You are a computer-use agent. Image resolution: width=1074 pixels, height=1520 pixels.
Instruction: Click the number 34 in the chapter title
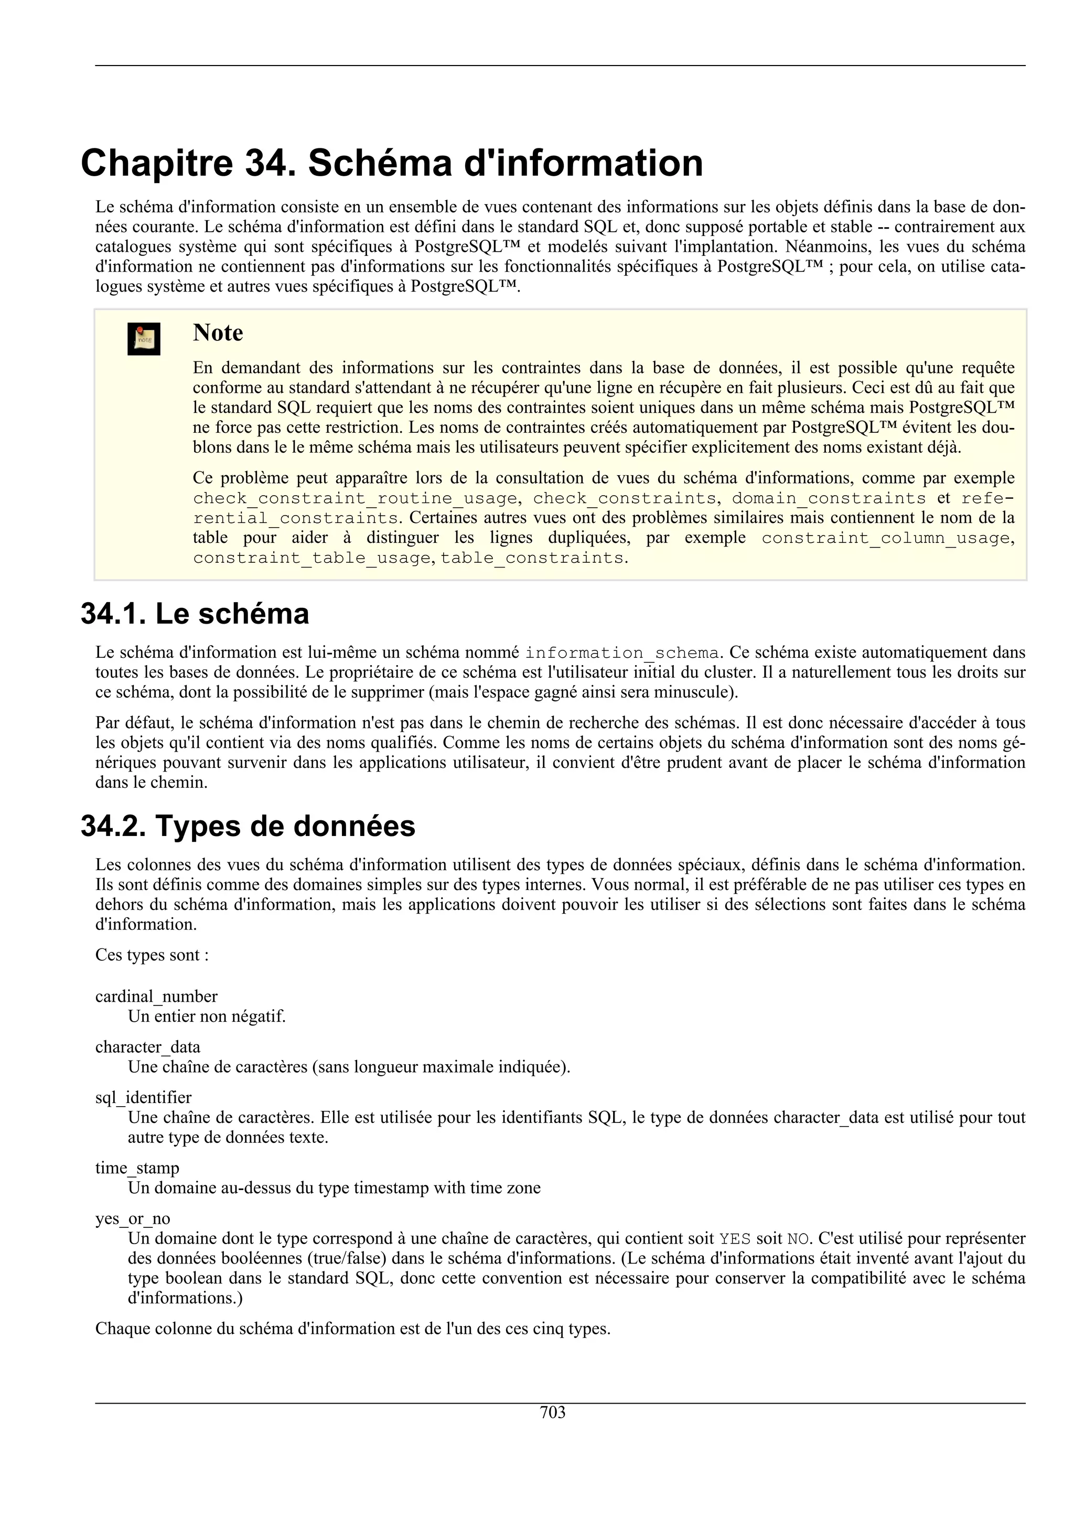tap(268, 164)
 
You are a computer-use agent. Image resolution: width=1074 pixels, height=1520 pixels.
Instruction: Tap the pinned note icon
tap(144, 339)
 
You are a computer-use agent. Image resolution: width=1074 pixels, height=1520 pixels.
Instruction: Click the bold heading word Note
tap(218, 333)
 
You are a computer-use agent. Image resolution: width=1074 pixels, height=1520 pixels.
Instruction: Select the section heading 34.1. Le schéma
tap(195, 614)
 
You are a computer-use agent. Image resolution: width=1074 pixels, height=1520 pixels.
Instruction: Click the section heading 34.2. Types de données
tap(248, 826)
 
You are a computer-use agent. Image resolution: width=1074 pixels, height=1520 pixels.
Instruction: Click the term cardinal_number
tap(156, 997)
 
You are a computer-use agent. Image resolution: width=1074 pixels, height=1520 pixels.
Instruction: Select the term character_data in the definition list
tap(147, 1047)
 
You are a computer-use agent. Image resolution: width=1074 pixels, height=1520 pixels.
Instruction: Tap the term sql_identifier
tap(143, 1098)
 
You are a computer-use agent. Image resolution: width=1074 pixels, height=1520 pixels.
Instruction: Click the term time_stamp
tap(137, 1168)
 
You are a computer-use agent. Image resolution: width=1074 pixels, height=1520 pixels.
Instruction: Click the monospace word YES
tap(735, 1239)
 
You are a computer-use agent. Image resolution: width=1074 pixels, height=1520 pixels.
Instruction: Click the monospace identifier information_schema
tap(621, 654)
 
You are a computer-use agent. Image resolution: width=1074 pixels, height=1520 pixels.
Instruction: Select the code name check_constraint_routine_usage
tap(355, 498)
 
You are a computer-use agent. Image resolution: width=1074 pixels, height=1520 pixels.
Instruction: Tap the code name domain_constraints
tap(829, 498)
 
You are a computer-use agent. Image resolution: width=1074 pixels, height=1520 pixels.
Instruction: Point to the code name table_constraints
tap(532, 558)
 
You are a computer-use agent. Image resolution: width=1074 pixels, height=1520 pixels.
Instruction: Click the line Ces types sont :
tap(152, 955)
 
